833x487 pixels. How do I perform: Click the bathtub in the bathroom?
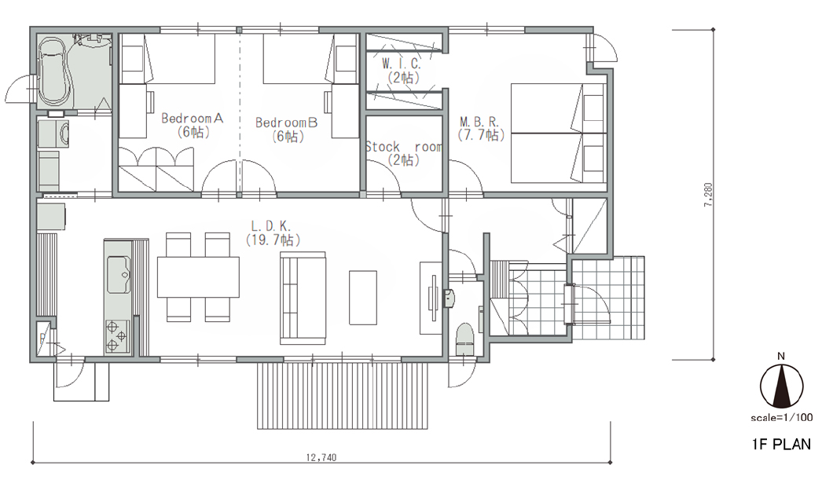[x=54, y=71]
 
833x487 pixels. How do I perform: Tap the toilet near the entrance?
[x=465, y=339]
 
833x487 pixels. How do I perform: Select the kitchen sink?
[x=119, y=275]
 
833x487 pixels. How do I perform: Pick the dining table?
[x=198, y=276]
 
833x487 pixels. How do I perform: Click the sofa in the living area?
[x=303, y=298]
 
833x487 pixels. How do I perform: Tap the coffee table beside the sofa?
[x=363, y=298]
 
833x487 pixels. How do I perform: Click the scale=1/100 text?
[x=781, y=417]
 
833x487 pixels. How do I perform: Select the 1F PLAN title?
[x=781, y=444]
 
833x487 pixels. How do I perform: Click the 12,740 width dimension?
[x=321, y=457]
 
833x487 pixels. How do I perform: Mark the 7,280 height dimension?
[x=708, y=195]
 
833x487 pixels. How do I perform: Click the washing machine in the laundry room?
[x=53, y=134]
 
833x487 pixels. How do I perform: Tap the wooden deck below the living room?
[x=343, y=395]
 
